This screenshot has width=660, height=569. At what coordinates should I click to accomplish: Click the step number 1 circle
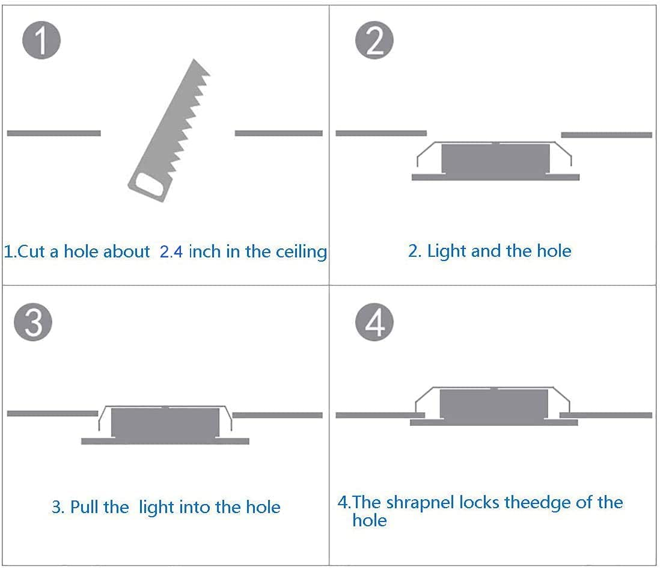tap(41, 40)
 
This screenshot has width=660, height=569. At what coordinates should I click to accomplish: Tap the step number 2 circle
tap(374, 41)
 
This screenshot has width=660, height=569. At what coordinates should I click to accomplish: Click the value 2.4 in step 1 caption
tap(171, 251)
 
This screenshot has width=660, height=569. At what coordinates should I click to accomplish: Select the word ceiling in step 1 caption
tap(301, 251)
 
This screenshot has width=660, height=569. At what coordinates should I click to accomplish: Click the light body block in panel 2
tap(495, 159)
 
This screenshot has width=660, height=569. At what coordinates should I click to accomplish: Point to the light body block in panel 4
tap(494, 404)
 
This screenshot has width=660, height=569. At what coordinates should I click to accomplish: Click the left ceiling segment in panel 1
tap(53, 133)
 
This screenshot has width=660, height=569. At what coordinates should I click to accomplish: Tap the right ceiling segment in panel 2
tap(606, 135)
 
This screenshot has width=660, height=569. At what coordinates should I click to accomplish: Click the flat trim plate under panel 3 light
tap(165, 441)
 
